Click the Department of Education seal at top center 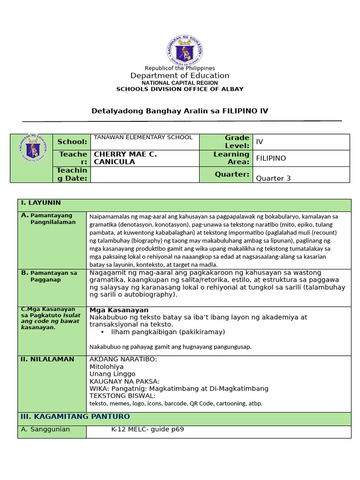[x=184, y=50]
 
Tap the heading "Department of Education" [x=180, y=75]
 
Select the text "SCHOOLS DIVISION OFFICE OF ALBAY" [x=180, y=89]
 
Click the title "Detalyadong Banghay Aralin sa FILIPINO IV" [x=179, y=111]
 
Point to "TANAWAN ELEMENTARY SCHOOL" [x=143, y=137]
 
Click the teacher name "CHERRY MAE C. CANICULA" [x=126, y=158]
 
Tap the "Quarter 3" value [x=270, y=178]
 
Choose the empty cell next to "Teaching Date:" [x=144, y=174]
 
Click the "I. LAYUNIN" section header [x=40, y=203]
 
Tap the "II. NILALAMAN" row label [x=46, y=360]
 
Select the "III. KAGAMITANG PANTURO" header [x=75, y=417]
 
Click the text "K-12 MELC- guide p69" [x=144, y=429]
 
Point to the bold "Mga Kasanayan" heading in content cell [x=119, y=310]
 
